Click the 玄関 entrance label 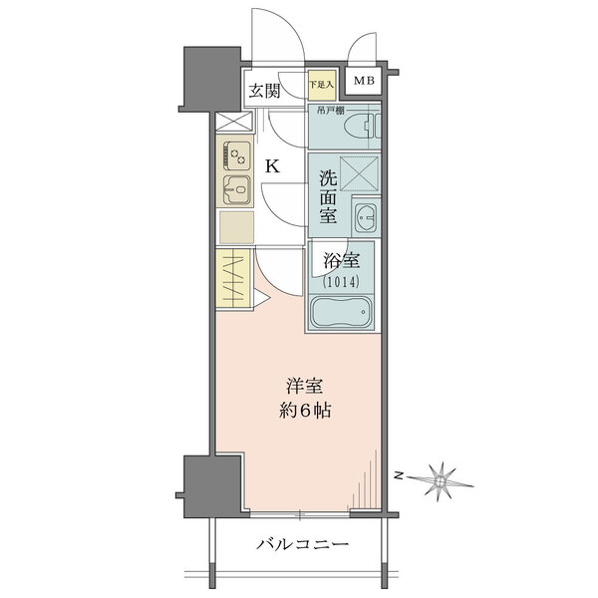pyautogui.click(x=263, y=91)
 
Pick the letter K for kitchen pyautogui.click(x=271, y=166)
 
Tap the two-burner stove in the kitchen pyautogui.click(x=238, y=155)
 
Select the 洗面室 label pyautogui.click(x=328, y=196)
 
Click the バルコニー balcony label pyautogui.click(x=301, y=545)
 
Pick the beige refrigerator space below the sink pyautogui.click(x=235, y=227)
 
